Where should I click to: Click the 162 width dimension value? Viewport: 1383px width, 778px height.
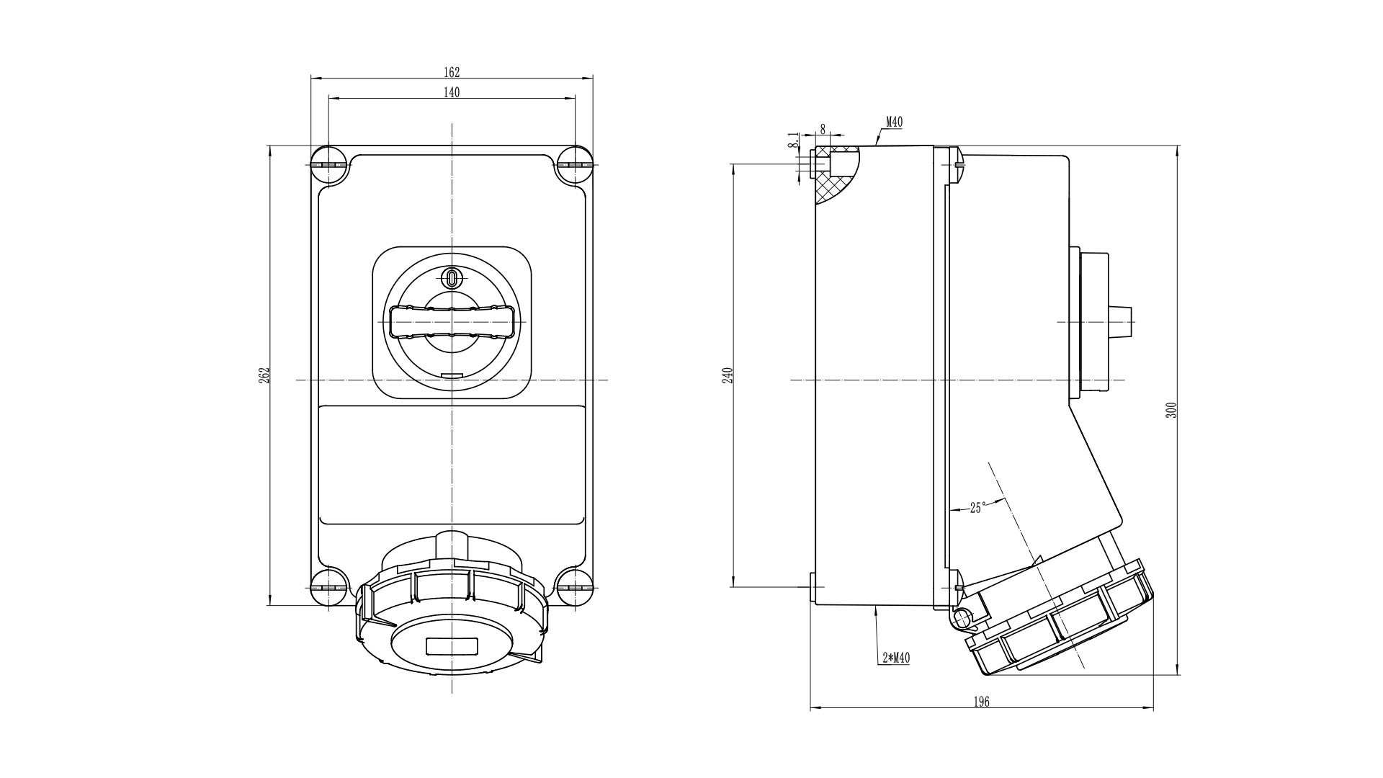coord(452,72)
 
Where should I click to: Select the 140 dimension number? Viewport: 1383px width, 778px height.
coord(452,92)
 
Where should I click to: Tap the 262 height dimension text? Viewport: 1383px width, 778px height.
coord(264,375)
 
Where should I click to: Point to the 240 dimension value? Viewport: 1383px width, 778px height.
coord(728,375)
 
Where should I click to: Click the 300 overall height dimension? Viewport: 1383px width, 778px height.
coord(1171,410)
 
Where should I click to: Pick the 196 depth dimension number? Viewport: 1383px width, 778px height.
coord(981,702)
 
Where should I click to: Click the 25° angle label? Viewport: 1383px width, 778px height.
coord(977,508)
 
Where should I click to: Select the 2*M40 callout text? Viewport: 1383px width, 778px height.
coord(896,658)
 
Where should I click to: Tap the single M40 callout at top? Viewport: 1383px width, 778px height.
coord(894,122)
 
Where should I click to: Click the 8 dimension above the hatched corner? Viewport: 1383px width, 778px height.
coord(823,130)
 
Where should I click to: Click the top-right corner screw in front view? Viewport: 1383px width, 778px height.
coord(575,165)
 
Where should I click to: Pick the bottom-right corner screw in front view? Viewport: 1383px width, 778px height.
coord(575,586)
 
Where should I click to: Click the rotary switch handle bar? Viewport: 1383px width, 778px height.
coord(452,321)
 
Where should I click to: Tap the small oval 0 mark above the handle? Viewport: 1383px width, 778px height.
coord(452,278)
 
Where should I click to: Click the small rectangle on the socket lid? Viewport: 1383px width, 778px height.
coord(452,646)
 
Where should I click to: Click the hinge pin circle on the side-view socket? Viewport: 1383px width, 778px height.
coord(962,618)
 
